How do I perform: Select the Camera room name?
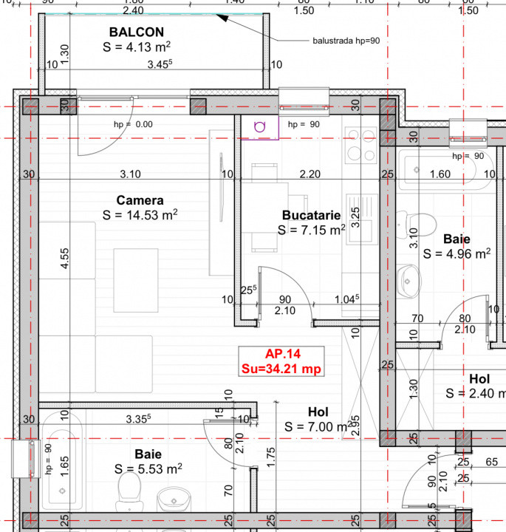click(x=140, y=200)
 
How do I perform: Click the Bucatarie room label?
click(x=311, y=215)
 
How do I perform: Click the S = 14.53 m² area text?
click(x=140, y=215)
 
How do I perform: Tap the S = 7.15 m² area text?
click(x=311, y=230)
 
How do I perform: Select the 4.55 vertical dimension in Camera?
click(x=66, y=259)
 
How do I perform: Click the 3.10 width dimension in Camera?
click(x=130, y=174)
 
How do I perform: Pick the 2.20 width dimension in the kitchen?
click(x=310, y=174)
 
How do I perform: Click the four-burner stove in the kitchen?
click(x=360, y=145)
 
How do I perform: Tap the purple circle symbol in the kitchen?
click(x=260, y=126)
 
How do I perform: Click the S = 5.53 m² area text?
click(x=148, y=468)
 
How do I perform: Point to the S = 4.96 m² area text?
click(x=457, y=254)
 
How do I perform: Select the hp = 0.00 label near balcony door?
click(x=133, y=125)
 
